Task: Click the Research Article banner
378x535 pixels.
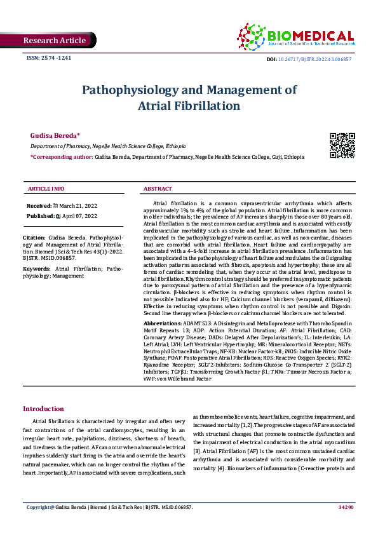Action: tap(54, 41)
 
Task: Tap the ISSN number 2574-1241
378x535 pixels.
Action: tap(48, 57)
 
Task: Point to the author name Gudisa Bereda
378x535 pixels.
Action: tap(55, 136)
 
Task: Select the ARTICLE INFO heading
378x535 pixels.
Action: tap(46, 189)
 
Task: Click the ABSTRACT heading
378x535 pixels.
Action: tap(158, 189)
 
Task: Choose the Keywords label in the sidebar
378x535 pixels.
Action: tap(36, 269)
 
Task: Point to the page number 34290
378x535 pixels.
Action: tap(346, 525)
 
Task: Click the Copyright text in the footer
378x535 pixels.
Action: tap(41, 525)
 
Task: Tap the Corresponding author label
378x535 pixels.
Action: tap(61, 156)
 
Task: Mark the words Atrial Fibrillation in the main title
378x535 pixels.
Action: tap(189, 105)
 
